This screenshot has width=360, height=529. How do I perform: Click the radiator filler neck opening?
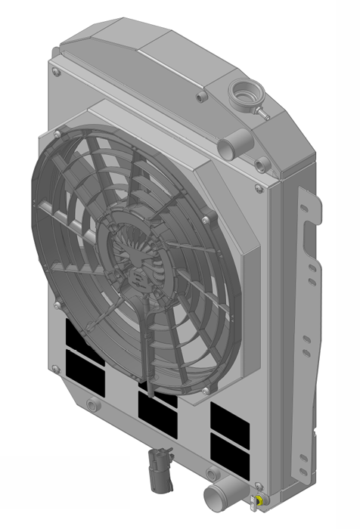pos(244,94)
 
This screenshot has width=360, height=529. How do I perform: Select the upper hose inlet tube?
pos(237,141)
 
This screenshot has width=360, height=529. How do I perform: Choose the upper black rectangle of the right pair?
pos(231,417)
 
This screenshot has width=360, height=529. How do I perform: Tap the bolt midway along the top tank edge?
pos(200,97)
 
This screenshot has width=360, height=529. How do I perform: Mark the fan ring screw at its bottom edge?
pos(205,391)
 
